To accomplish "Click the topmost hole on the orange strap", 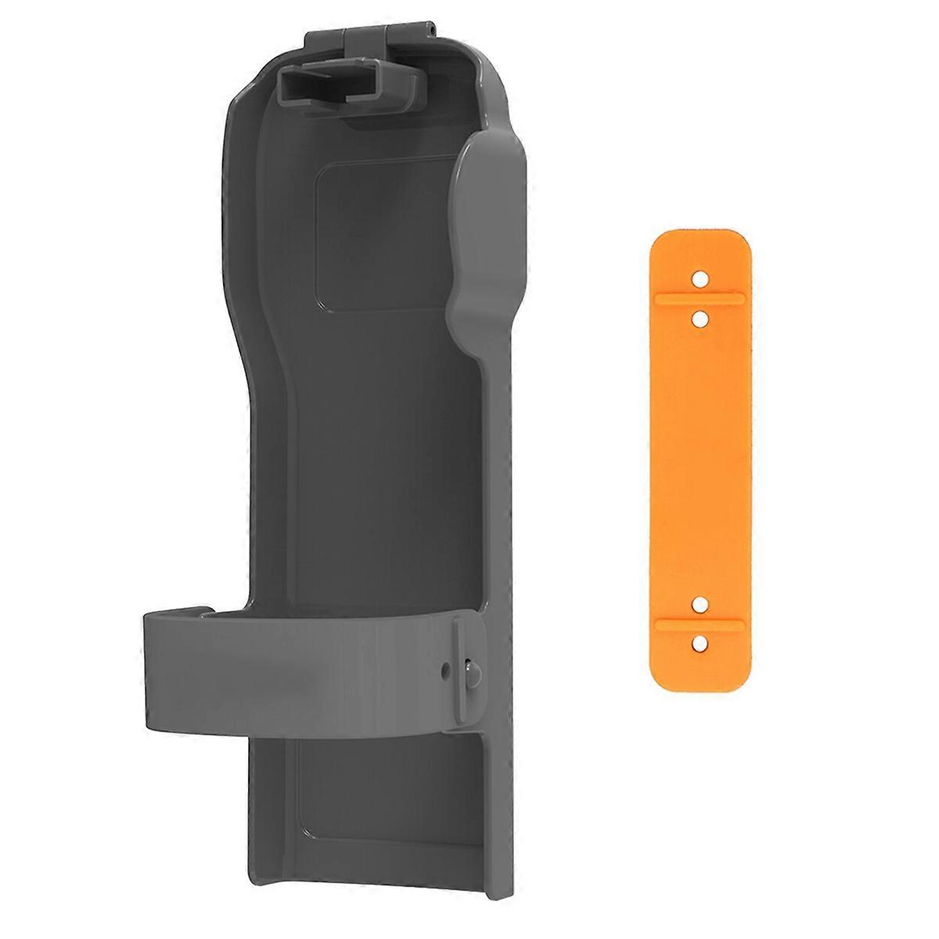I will [701, 279].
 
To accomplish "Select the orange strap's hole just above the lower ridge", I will [701, 603].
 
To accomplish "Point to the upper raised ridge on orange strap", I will [701, 298].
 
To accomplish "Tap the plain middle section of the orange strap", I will [701, 462].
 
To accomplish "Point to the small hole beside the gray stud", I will [445, 670].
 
